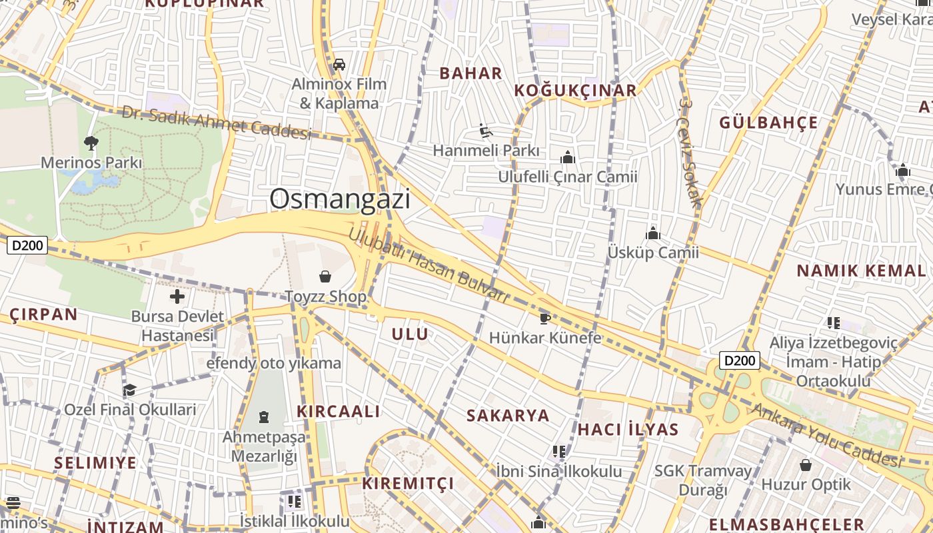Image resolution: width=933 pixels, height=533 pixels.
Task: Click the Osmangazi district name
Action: (340, 199)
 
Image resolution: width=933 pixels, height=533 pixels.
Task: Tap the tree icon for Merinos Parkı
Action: (91, 143)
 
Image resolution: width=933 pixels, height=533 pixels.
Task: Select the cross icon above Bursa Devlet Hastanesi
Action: (177, 296)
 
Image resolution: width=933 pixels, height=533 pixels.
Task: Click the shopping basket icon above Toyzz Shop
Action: (325, 276)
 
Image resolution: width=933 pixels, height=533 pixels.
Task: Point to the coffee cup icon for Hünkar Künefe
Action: (544, 318)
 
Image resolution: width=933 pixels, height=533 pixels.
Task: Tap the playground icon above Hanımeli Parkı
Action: (486, 131)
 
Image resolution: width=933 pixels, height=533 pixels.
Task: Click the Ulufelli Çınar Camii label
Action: (568, 177)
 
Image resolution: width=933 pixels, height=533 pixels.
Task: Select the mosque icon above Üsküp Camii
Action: (653, 233)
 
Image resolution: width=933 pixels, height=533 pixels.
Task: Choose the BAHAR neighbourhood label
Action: (470, 73)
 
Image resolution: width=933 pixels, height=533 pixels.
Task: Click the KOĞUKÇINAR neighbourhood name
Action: (575, 91)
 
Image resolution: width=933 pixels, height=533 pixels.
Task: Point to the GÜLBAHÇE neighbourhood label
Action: (768, 123)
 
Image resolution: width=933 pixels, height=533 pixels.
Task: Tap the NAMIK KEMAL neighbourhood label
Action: (861, 270)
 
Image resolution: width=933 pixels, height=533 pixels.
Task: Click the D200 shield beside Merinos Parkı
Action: (27, 245)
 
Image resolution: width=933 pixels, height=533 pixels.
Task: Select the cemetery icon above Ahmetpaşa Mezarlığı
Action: (264, 418)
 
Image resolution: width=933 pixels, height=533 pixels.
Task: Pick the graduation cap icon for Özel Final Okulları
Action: (129, 390)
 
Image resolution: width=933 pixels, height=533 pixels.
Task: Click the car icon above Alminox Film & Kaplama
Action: (339, 65)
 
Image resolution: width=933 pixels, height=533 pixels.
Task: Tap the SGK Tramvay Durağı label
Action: (702, 480)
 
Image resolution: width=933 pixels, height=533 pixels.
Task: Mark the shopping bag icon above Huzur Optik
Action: (806, 464)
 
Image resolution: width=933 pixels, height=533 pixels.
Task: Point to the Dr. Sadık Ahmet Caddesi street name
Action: (216, 123)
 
